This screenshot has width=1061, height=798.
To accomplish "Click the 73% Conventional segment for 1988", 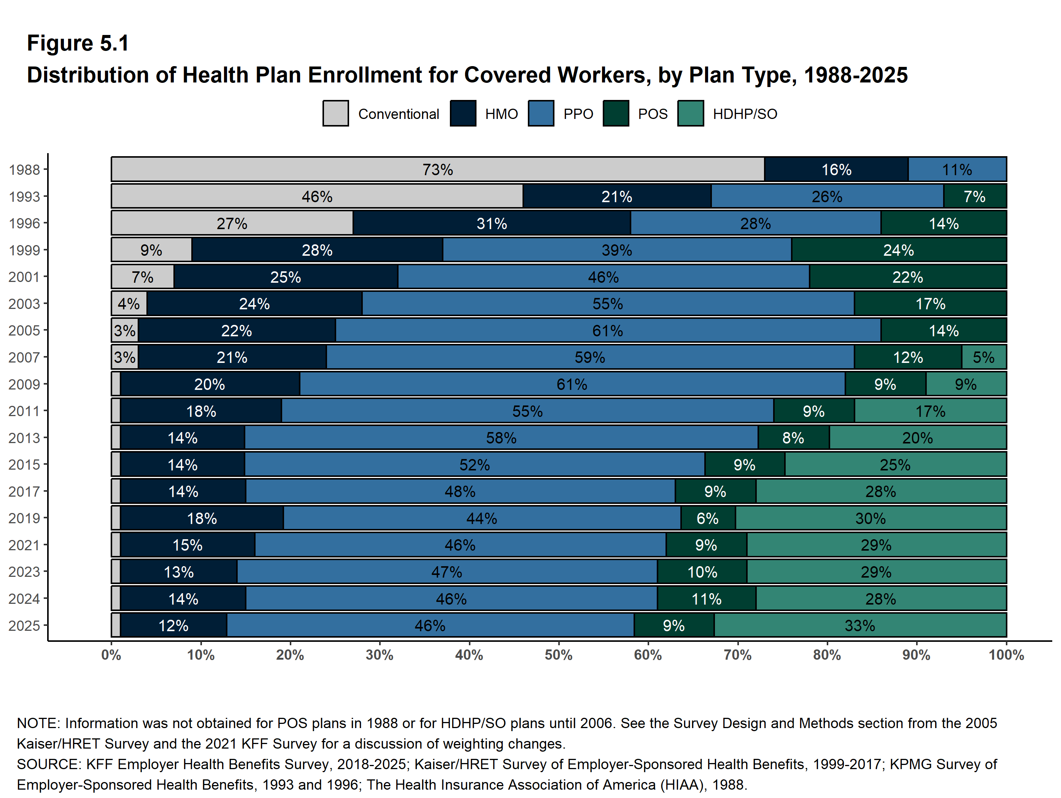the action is click(437, 169).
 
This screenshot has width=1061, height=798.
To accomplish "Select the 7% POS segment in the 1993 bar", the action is click(975, 196).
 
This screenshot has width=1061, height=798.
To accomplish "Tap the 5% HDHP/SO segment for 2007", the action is click(984, 357).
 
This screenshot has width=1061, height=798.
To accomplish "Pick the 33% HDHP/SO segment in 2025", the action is click(860, 625).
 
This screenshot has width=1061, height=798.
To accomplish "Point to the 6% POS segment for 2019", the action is click(708, 518).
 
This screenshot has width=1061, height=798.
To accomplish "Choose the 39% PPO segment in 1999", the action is click(617, 250).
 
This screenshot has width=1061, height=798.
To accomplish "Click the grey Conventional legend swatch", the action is click(336, 114).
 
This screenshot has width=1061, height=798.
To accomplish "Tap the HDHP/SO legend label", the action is click(745, 114).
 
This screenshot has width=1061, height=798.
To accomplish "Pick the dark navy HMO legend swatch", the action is click(463, 114).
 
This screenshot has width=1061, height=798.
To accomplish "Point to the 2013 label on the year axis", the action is click(24, 438).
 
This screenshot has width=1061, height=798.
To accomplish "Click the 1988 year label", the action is click(24, 169).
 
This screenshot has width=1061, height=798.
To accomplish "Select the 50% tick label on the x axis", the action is click(558, 655).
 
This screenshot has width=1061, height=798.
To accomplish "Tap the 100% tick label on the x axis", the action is click(1006, 655).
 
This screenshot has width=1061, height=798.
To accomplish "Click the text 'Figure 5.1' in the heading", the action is click(78, 43).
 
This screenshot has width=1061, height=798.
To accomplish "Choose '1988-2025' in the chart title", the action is click(855, 75).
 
